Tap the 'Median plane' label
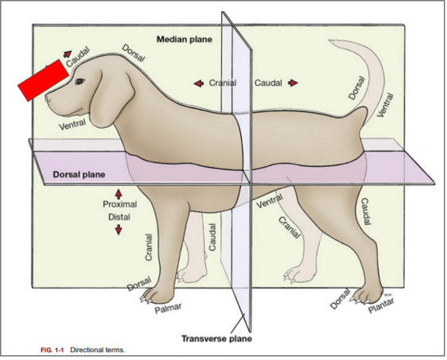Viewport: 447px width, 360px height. point(185,39)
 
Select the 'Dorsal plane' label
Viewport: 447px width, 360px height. point(79,173)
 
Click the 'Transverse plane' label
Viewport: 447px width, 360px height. point(216,339)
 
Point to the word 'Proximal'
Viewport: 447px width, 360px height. point(119,204)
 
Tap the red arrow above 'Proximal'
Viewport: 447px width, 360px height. point(119,193)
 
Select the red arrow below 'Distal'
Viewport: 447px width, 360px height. point(119,229)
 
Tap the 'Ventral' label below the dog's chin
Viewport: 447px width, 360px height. point(72,124)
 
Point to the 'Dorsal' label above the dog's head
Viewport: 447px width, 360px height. point(133,52)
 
